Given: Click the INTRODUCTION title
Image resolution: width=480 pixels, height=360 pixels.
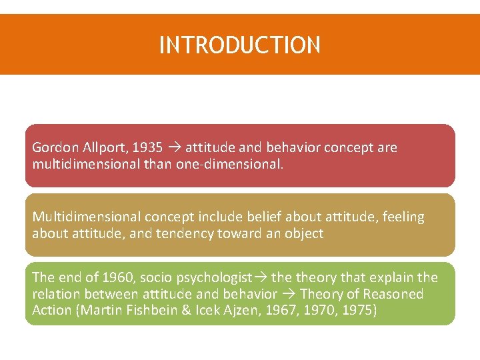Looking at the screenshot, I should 240,45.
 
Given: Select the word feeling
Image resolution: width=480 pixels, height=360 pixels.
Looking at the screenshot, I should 403,217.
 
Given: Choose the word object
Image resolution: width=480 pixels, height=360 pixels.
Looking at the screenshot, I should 303,233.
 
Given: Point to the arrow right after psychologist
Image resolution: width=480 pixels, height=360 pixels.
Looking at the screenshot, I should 259,277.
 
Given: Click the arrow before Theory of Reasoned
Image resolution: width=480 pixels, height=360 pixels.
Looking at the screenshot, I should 289,294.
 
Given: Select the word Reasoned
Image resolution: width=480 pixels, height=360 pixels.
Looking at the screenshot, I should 393,294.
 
